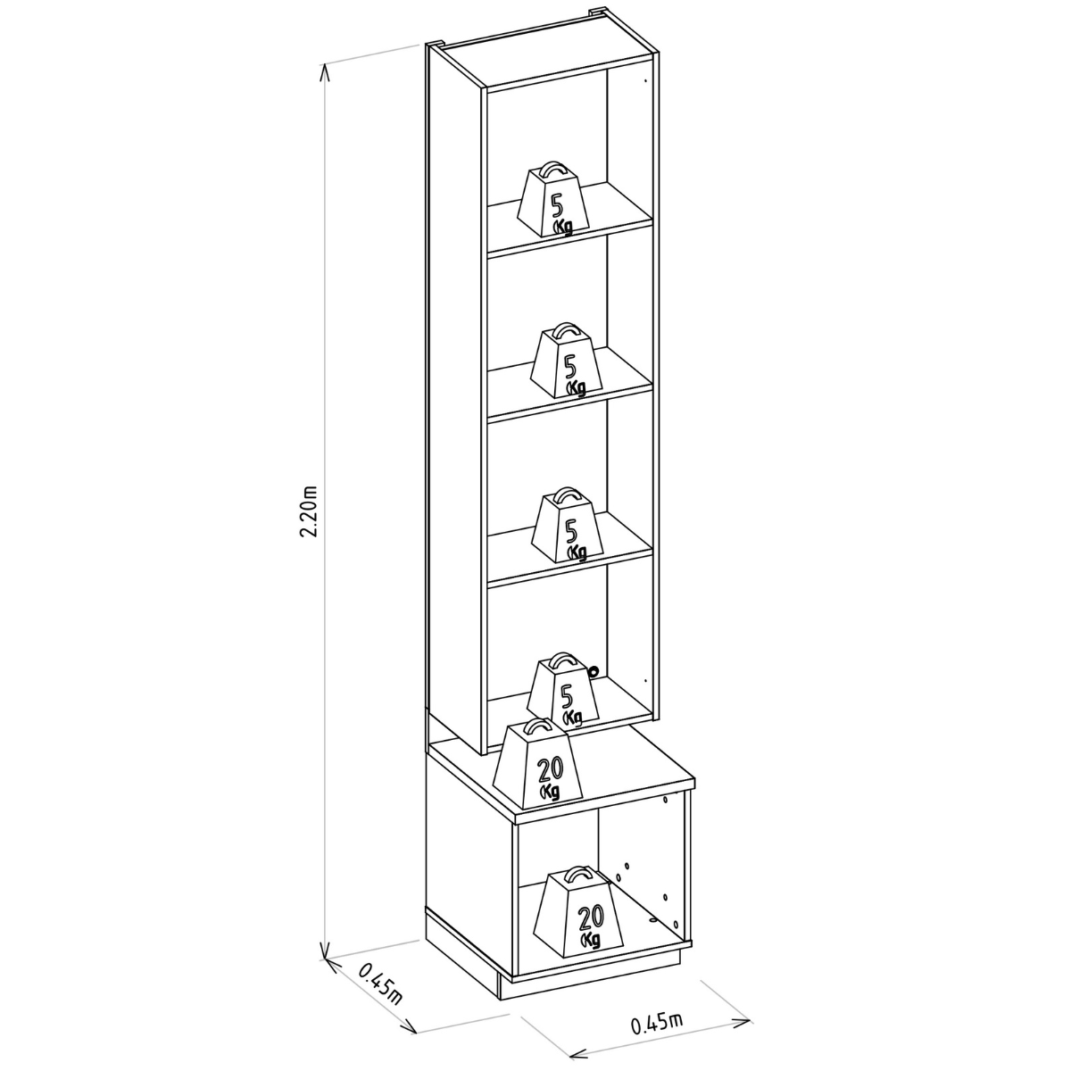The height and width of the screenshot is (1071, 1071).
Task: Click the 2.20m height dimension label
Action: click(310, 511)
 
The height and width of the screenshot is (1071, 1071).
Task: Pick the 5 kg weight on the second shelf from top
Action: click(567, 361)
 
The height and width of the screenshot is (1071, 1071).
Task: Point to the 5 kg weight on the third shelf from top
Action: click(568, 526)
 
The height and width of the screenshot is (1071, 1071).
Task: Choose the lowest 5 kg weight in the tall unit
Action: click(563, 690)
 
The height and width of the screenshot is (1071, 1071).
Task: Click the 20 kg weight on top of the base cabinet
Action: click(537, 764)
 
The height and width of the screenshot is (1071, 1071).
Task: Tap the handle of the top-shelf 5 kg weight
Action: click(554, 170)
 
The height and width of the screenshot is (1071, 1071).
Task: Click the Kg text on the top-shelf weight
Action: click(562, 227)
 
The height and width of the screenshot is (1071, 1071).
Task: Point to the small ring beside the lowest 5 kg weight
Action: click(594, 672)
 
